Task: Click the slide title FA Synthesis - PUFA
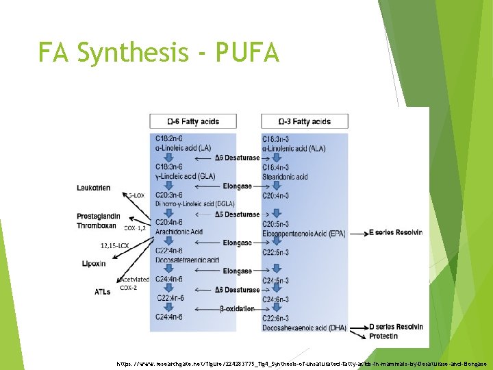pos(158,52)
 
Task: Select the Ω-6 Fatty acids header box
pos(193,121)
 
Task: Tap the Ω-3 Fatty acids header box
pos(305,121)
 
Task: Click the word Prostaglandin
pos(99,217)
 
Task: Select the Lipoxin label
pos(94,263)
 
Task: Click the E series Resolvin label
pos(396,232)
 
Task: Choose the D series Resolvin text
pos(396,327)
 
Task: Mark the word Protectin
pos(383,336)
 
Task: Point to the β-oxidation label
pos(237,309)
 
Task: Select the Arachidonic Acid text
pos(179,232)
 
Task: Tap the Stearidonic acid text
pos(285,177)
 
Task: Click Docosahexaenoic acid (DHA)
pos(303,328)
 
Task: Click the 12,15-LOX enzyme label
pos(116,245)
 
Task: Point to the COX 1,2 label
pos(134,227)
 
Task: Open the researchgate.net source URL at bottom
pos(302,363)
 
